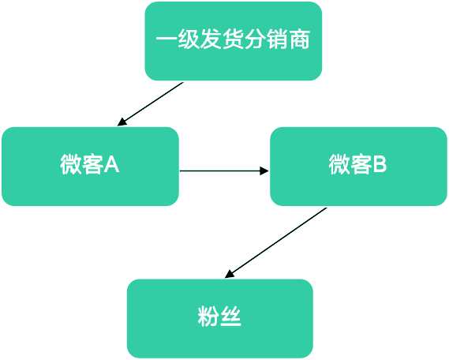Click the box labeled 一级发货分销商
point(234,41)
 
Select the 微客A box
point(91,167)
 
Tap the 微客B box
point(358,167)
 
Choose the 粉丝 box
point(220,318)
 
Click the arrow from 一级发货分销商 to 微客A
point(151,104)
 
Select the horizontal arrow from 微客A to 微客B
point(224,171)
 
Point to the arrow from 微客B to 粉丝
point(275,243)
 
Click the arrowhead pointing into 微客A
point(122,122)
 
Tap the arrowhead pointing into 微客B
point(264,171)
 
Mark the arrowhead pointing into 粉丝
point(229,275)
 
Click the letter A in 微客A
point(111,164)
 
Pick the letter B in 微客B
point(380,164)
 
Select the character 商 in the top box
point(300,39)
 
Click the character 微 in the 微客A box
point(70,164)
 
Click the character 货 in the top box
point(233,39)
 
